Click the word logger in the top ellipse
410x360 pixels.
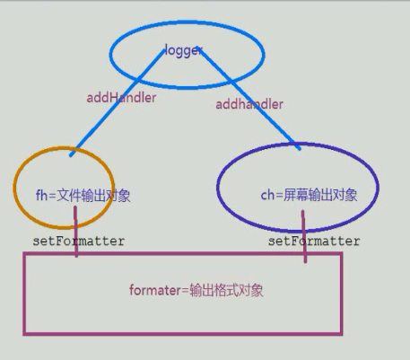[184, 50]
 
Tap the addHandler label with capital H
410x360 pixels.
[121, 98]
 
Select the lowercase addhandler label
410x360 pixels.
[249, 104]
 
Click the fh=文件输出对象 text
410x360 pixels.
[83, 195]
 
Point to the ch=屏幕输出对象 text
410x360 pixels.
[309, 195]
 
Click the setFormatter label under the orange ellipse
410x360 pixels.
[79, 241]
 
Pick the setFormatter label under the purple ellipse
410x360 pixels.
[314, 241]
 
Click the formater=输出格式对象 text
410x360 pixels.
[196, 290]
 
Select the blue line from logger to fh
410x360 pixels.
[118, 102]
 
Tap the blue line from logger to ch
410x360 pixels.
[249, 99]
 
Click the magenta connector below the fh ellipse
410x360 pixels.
[76, 232]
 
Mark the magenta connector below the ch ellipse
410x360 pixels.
[304, 236]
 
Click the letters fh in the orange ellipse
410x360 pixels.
[41, 195]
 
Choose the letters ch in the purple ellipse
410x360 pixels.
[267, 195]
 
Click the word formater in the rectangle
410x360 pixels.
[155, 290]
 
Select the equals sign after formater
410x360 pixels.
[186, 291]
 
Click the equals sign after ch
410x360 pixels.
[279, 196]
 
